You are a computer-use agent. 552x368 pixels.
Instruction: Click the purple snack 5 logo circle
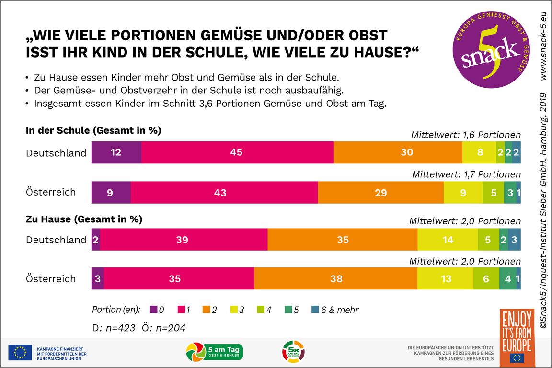click(x=488, y=54)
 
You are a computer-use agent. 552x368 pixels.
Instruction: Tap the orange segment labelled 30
click(x=398, y=152)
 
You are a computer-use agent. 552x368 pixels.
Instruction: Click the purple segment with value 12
click(x=116, y=152)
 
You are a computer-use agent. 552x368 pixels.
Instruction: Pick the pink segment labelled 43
click(x=224, y=193)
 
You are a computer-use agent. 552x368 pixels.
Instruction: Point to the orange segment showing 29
click(x=380, y=193)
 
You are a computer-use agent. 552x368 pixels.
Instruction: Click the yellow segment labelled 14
click(x=448, y=240)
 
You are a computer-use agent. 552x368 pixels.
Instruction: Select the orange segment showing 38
click(x=335, y=278)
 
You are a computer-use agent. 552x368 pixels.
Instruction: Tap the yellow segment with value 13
click(x=445, y=278)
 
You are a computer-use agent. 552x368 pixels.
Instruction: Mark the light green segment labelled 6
click(x=486, y=278)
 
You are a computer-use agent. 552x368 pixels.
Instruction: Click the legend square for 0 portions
click(x=153, y=310)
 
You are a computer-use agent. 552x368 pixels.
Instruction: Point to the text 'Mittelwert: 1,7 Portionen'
click(x=466, y=174)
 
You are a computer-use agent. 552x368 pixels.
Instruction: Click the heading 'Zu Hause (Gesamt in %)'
click(x=84, y=219)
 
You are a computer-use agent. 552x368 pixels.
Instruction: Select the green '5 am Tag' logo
click(x=214, y=352)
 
